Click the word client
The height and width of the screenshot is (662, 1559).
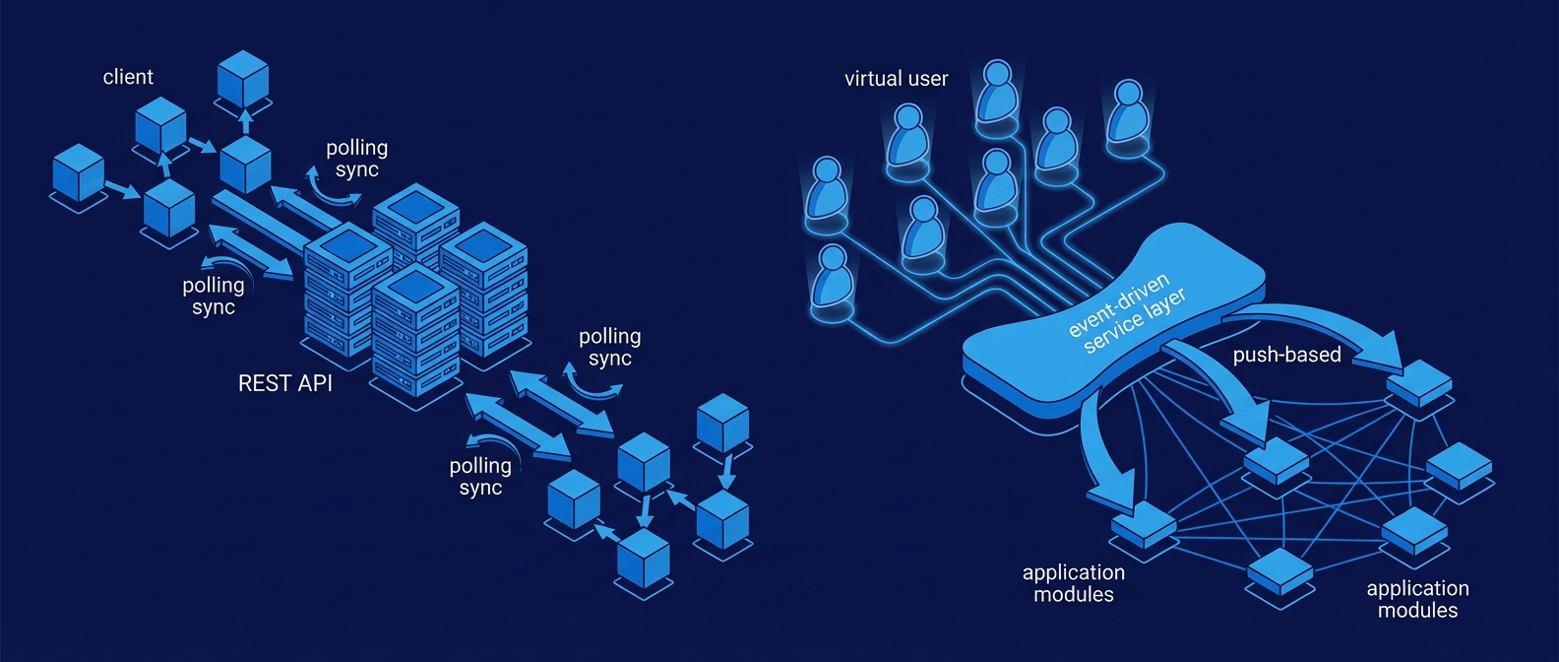click(x=128, y=77)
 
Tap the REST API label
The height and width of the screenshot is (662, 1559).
click(x=285, y=383)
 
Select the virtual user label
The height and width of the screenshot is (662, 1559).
click(x=896, y=79)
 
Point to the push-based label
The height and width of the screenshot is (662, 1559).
click(x=1286, y=355)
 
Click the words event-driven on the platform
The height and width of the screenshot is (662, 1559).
click(x=1118, y=305)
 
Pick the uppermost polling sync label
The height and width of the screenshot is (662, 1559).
click(x=356, y=159)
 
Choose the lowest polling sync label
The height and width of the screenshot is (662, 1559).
click(x=480, y=476)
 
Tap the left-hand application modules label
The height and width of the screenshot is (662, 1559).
click(x=1073, y=583)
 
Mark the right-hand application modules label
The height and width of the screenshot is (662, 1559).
click(x=1417, y=599)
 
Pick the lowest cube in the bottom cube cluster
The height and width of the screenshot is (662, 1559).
click(x=644, y=560)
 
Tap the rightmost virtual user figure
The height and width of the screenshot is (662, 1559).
click(x=1127, y=113)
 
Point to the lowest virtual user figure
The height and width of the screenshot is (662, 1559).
click(x=833, y=279)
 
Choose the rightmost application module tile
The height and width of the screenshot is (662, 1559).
click(x=1459, y=466)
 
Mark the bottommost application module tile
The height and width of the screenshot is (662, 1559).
click(x=1279, y=571)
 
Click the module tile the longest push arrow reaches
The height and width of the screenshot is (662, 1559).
click(x=1419, y=383)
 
